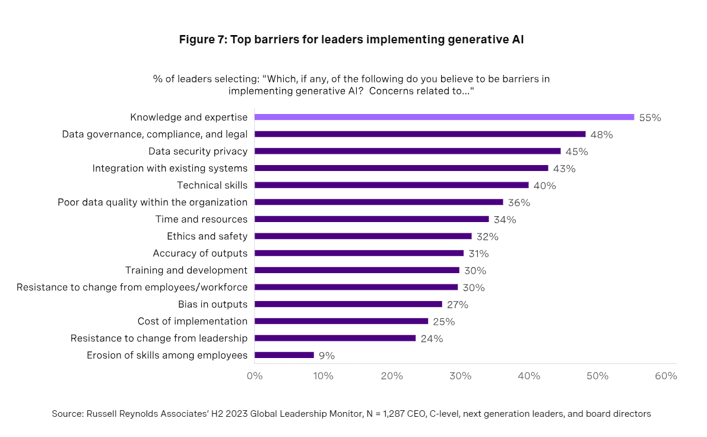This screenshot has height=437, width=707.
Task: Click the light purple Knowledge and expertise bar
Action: tap(444, 118)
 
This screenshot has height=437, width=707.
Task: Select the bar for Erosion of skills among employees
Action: tap(284, 355)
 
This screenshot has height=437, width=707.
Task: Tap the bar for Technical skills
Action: tap(391, 185)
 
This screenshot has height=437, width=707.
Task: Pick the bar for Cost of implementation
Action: tap(341, 321)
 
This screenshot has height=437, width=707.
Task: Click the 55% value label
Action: tap(650, 118)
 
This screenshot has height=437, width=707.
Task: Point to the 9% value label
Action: tap(326, 356)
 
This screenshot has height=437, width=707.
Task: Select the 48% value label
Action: tap(601, 135)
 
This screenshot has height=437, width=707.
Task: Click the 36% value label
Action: tap(519, 202)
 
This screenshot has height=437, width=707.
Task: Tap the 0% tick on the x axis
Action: tap(255, 376)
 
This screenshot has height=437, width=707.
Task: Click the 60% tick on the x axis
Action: tap(666, 376)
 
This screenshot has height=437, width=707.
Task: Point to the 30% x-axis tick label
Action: tap(460, 376)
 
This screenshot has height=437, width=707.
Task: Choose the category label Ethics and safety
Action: tap(207, 236)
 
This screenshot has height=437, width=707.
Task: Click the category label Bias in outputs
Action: tap(213, 304)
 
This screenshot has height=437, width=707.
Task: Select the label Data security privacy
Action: tap(198, 151)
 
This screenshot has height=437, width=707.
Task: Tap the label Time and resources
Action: tap(201, 219)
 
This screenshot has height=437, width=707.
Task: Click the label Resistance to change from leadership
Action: tap(158, 338)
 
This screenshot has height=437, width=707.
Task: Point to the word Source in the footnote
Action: tap(67, 414)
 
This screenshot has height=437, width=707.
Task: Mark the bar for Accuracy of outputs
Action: tap(359, 253)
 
